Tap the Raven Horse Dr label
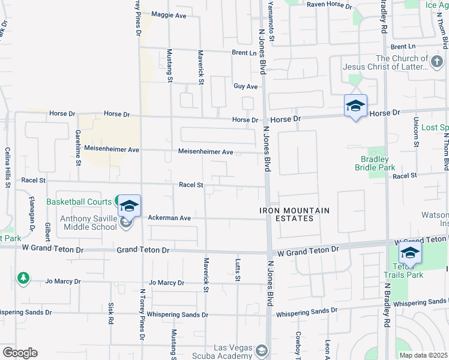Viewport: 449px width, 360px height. click(x=328, y=4)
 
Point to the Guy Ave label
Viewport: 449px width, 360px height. click(x=246, y=86)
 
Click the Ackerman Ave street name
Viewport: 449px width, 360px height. click(x=169, y=218)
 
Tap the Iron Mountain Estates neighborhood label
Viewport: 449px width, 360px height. click(x=295, y=214)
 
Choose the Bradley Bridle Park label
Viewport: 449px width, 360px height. click(x=378, y=163)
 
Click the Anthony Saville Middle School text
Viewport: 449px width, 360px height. click(x=89, y=223)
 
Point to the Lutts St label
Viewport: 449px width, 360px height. click(x=238, y=270)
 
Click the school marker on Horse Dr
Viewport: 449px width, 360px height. click(x=355, y=106)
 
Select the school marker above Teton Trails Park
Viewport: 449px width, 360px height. click(x=409, y=253)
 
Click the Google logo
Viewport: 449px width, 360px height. click(x=20, y=353)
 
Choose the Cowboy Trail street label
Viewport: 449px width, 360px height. click(x=297, y=343)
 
